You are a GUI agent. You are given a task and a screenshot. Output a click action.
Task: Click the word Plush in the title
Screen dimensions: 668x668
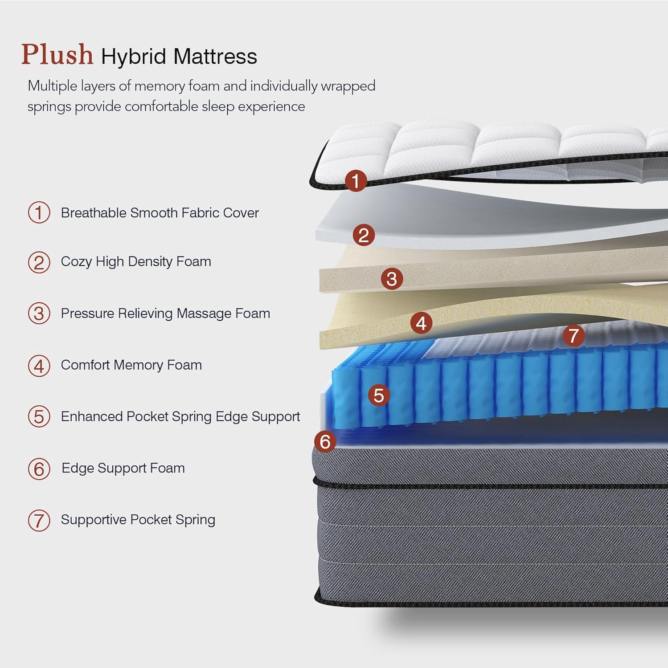57,55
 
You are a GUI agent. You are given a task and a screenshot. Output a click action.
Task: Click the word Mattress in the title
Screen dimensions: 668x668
215,57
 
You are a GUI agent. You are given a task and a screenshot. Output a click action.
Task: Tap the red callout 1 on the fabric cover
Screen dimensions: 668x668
356,181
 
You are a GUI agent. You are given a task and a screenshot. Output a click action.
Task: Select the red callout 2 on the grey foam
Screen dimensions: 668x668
364,235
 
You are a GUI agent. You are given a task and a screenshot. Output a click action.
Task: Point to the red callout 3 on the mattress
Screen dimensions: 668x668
392,279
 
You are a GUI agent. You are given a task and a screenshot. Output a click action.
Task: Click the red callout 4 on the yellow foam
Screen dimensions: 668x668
421,323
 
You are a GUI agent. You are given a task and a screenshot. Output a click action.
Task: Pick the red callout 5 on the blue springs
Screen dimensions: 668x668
379,395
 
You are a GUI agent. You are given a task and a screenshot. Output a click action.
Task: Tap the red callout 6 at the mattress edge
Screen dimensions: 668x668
325,441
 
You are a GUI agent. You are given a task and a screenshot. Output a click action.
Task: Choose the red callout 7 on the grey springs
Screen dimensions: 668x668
574,335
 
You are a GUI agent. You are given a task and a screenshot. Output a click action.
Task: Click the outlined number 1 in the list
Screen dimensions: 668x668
39,212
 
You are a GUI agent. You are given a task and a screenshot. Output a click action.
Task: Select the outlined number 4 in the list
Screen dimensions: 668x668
39,366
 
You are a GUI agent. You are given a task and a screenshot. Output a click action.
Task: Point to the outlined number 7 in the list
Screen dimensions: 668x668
39,520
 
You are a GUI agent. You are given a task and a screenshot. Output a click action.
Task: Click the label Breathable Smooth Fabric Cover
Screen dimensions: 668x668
160,213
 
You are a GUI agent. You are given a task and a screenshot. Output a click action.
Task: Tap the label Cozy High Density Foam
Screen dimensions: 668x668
136,261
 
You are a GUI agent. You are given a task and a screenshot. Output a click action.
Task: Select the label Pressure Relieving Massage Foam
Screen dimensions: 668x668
165,314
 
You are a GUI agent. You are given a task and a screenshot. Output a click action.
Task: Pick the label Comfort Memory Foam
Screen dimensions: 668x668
131,365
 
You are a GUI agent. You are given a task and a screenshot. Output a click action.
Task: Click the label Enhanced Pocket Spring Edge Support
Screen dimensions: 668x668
180,416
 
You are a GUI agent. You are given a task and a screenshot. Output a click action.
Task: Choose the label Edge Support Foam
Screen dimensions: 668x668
123,468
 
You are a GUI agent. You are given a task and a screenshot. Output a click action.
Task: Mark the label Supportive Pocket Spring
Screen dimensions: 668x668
138,520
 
